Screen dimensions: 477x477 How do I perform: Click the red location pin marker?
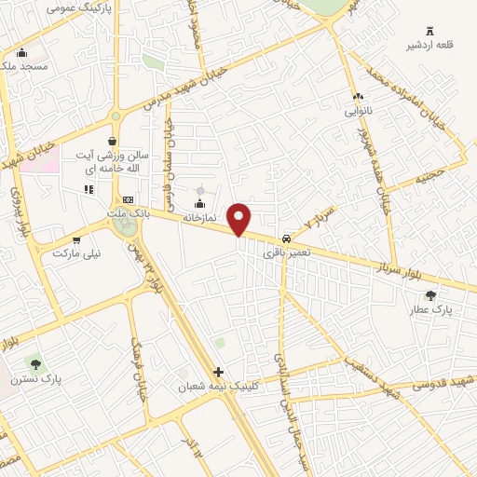pos(240,218)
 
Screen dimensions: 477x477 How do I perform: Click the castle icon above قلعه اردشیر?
pos(429,31)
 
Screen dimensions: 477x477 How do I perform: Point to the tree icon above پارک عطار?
pos(429,295)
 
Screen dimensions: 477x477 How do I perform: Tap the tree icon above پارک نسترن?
pos(36,364)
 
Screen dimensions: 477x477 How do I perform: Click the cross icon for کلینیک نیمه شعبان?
pos(218,372)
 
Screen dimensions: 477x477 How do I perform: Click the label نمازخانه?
pos(198,217)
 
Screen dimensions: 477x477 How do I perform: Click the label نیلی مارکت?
pos(75,252)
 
